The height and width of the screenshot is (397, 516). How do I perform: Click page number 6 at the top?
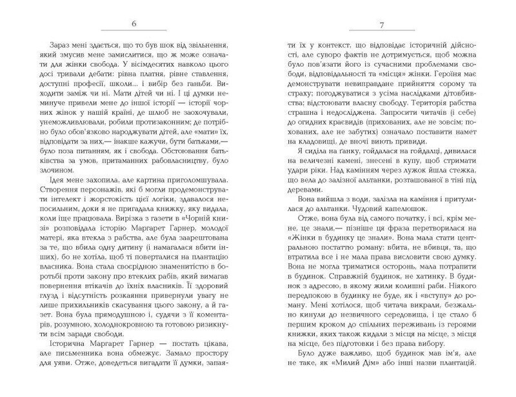pos(134,25)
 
